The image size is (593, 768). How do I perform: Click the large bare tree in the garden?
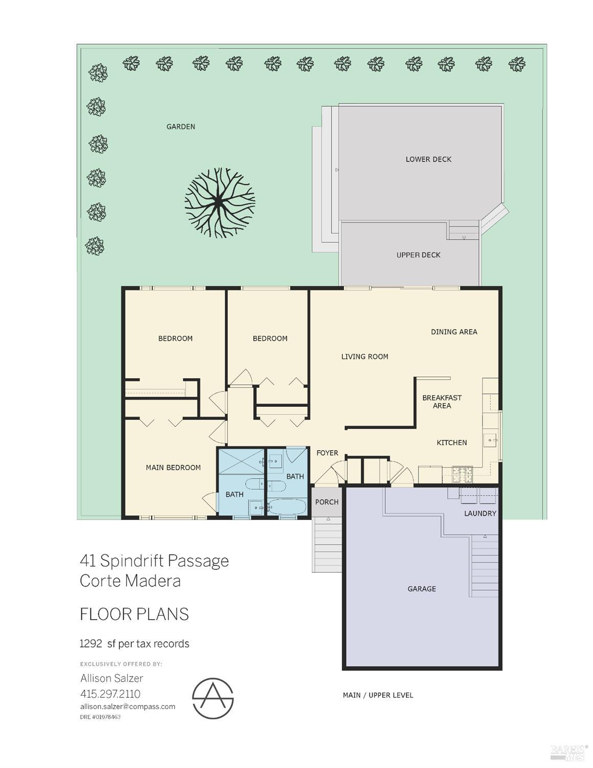pos(219,203)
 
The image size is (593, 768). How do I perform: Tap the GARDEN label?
pos(181,127)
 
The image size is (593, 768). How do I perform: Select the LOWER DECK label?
pos(428,159)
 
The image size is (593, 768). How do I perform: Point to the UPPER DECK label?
pos(418,255)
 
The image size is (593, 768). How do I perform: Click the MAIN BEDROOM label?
pos(173,467)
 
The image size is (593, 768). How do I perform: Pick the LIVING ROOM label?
pos(364,357)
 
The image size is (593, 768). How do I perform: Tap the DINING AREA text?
pos(454,332)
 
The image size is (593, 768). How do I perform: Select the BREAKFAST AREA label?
pos(442,402)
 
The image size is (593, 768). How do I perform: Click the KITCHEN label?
pos(451,443)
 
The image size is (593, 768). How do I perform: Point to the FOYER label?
pos(327,453)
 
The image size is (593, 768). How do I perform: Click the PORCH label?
pos(326,502)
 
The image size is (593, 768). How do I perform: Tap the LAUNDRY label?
pos(480,513)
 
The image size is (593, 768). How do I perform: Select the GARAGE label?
pos(422,589)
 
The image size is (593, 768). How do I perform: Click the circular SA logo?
pos(213,698)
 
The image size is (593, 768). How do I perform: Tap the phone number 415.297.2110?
pos(110,694)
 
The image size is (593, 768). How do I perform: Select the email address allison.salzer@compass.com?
pos(127,707)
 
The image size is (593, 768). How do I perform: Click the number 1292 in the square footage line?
pos(91,644)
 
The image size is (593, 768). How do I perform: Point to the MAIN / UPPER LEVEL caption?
pos(378,695)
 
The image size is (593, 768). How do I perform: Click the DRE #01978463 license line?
pos(100,717)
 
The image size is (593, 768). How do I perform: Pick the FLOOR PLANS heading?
pos(134,614)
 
